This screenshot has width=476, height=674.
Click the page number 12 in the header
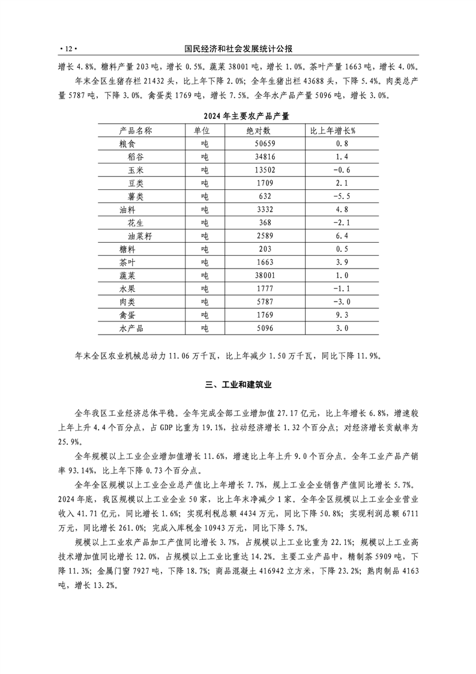68,48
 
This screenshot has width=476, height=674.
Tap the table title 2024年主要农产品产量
238,116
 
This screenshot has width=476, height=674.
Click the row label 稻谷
135,157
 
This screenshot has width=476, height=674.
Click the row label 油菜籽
139,236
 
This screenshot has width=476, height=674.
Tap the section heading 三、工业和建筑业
238,385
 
